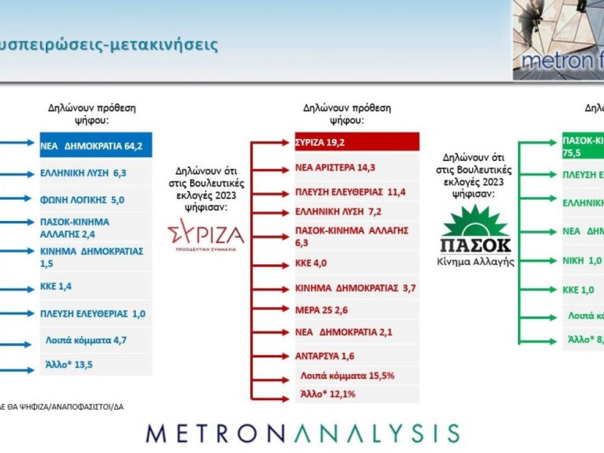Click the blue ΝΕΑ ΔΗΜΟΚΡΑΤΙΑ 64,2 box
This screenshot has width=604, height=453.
click(x=96, y=146)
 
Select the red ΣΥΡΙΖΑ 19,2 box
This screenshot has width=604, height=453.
click(x=357, y=142)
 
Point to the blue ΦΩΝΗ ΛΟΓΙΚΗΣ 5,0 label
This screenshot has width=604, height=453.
click(x=83, y=200)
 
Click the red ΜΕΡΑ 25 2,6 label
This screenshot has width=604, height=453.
click(x=321, y=310)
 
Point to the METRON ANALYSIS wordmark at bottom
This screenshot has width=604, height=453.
click(x=302, y=432)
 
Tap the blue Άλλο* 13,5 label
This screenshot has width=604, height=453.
click(x=69, y=365)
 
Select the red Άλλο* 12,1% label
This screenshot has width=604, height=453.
click(x=328, y=394)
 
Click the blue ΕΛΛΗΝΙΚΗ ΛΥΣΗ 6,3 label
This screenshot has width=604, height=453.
click(x=83, y=173)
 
